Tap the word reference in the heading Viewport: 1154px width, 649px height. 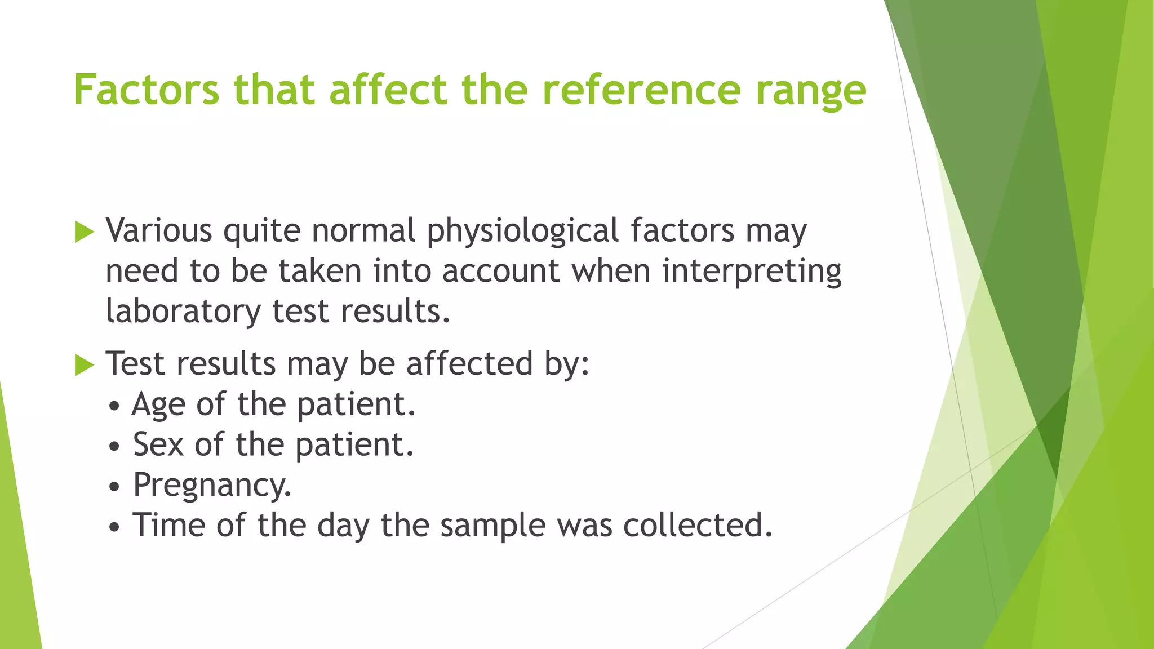pyautogui.click(x=641, y=90)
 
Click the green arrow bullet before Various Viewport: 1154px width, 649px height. pyautogui.click(x=84, y=232)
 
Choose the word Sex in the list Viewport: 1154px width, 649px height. pyautogui.click(x=158, y=444)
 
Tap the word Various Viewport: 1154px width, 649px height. pyautogui.click(x=159, y=231)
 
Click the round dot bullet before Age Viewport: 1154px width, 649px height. pyautogui.click(x=115, y=406)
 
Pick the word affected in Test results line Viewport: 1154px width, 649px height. pyautogui.click(x=469, y=364)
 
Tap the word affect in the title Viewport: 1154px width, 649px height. pyautogui.click(x=388, y=90)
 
